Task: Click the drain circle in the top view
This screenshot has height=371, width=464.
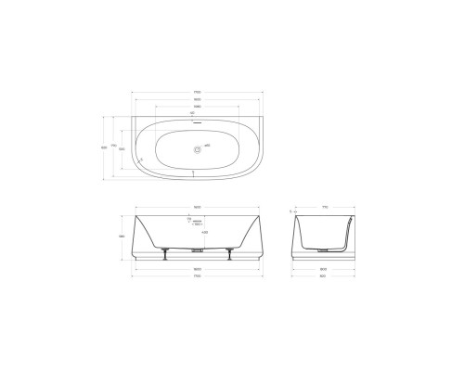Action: pos(198,147)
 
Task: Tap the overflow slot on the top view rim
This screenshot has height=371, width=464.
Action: pos(198,118)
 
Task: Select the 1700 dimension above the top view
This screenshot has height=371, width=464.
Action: pos(198,92)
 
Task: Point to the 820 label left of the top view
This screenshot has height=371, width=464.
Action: pos(103,147)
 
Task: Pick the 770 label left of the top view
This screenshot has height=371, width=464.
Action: pos(113,147)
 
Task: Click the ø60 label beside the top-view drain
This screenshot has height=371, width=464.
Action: pos(208,147)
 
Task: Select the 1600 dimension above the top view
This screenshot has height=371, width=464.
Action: pos(198,99)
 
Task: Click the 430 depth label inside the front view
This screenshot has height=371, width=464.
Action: pos(204,232)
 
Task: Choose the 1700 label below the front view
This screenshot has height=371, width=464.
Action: pos(198,276)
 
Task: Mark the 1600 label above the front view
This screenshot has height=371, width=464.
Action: pos(198,206)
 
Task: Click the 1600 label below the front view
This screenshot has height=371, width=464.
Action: pos(198,269)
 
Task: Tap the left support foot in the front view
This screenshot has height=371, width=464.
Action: pos(165,254)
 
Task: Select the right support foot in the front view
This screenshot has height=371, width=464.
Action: pos(229,254)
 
